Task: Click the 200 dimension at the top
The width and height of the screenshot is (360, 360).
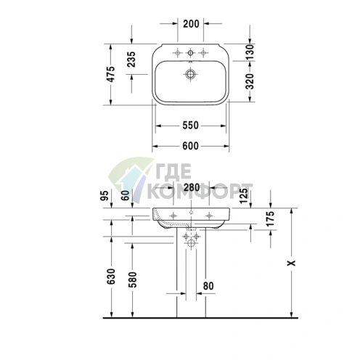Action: click(x=191, y=24)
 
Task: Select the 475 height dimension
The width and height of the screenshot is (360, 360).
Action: click(x=112, y=74)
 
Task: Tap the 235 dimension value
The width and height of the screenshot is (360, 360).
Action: click(x=132, y=60)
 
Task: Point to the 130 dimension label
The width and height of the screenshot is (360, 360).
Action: click(x=250, y=52)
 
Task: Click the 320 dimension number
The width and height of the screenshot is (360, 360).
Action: click(x=250, y=81)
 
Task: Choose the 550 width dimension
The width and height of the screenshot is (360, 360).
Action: click(x=190, y=126)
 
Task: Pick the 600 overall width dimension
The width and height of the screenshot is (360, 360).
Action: click(x=190, y=146)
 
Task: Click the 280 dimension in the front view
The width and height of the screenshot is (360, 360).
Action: click(x=192, y=187)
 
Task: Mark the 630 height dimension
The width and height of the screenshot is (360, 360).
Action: click(x=112, y=276)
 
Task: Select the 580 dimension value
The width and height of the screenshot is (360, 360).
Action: click(x=133, y=279)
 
